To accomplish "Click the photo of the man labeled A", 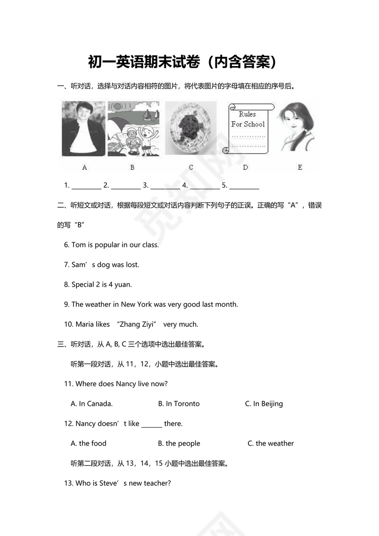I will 84,129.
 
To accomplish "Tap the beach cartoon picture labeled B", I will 133,129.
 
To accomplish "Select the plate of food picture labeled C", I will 190,129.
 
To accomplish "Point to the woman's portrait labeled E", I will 298,128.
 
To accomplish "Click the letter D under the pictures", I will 245,168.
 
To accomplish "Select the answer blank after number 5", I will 244,186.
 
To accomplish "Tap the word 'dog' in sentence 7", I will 103,265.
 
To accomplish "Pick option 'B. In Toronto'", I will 179,404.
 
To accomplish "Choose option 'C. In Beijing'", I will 264,404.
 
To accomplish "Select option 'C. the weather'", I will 271,444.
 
